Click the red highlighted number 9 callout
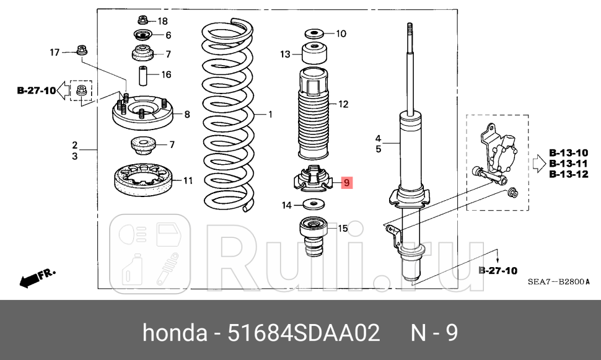click(x=347, y=182)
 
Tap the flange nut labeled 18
click(x=143, y=20)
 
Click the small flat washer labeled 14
click(x=314, y=204)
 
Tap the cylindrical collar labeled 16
click(x=143, y=76)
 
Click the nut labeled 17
click(x=81, y=50)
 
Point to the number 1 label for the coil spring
click(x=270, y=114)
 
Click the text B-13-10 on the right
click(x=568, y=152)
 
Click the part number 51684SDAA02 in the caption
click(x=304, y=333)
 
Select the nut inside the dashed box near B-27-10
click(x=81, y=92)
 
